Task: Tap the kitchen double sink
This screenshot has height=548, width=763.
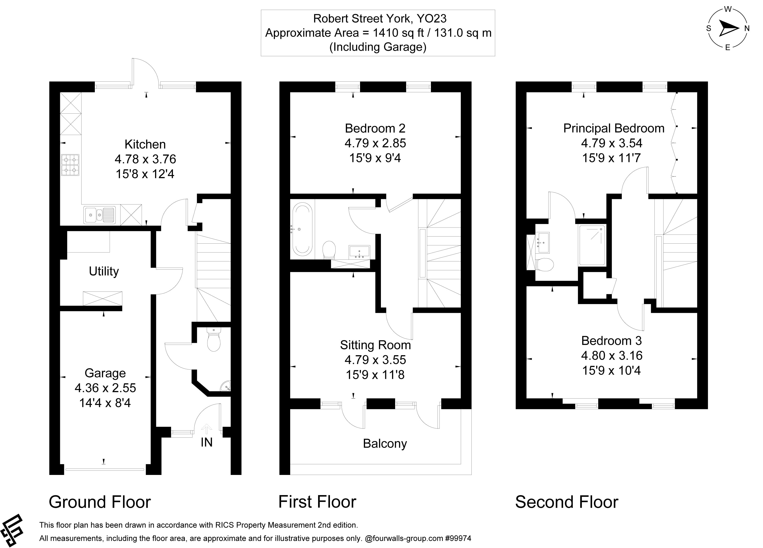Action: tap(100, 214)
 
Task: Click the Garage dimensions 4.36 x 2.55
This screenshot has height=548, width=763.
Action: tap(105, 388)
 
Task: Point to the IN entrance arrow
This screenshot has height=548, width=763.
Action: tap(206, 429)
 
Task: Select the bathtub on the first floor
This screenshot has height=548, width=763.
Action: tap(302, 229)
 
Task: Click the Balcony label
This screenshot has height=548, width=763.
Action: tap(384, 443)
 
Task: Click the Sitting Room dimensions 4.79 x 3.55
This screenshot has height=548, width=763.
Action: tap(375, 360)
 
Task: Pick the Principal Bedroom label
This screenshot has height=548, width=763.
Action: tap(614, 128)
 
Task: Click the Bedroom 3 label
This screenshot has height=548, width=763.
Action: tap(611, 341)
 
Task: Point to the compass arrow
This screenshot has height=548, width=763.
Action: tap(728, 28)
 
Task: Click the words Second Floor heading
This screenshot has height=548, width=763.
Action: tap(567, 502)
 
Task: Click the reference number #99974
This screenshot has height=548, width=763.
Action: tap(458, 538)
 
